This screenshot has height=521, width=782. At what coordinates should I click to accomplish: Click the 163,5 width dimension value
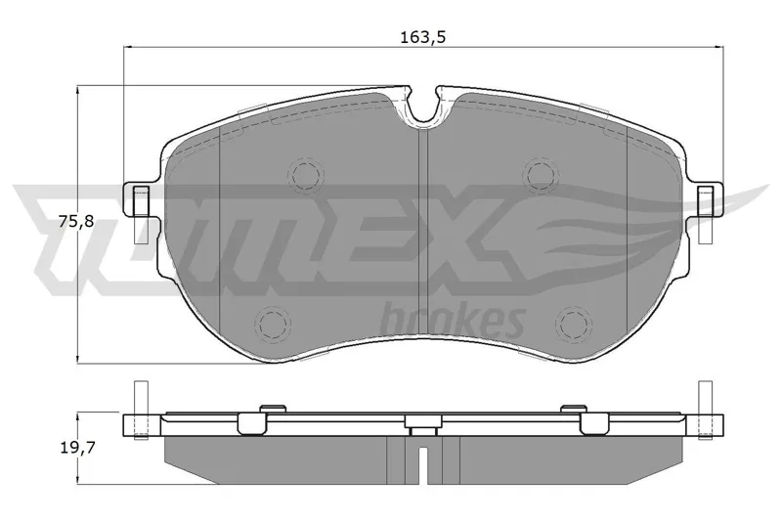(x=422, y=37)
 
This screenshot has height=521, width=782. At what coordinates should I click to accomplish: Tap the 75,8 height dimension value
(x=76, y=221)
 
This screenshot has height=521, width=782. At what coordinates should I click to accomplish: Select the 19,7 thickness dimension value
(x=77, y=449)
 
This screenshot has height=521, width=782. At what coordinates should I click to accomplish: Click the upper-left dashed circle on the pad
(x=306, y=175)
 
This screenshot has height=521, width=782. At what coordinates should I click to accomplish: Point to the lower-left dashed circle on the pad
(x=273, y=325)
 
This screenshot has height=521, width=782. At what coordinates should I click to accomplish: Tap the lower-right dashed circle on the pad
(x=574, y=325)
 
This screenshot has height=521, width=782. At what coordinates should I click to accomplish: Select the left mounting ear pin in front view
(x=141, y=214)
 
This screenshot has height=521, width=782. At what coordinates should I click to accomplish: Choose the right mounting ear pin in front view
(x=705, y=214)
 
